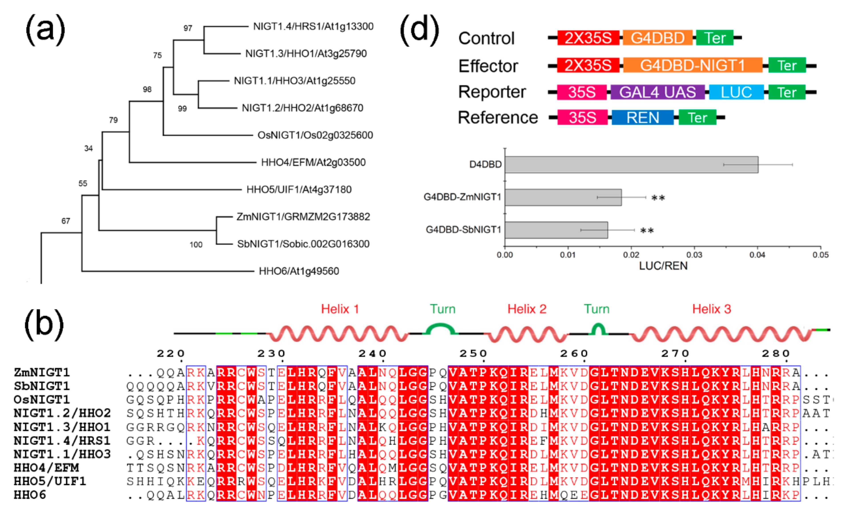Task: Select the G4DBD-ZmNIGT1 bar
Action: [563, 197]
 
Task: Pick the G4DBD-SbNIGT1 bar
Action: [556, 230]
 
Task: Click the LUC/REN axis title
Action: [663, 266]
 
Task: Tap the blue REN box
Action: [643, 117]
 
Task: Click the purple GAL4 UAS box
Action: [657, 92]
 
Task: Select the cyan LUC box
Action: [736, 92]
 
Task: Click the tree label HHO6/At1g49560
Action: [299, 271]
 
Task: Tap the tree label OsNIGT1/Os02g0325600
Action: [315, 135]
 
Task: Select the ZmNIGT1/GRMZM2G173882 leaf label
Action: [303, 217]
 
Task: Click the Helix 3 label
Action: [711, 309]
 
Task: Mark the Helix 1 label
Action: [340, 309]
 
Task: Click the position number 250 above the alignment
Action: [473, 353]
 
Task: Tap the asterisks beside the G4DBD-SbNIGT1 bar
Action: [647, 231]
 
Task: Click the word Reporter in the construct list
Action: [492, 92]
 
